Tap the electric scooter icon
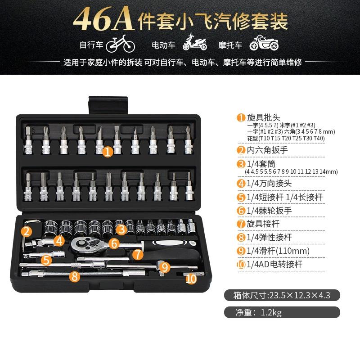(x=194, y=44)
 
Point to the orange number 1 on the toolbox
(x=107, y=152)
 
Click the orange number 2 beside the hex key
(x=27, y=232)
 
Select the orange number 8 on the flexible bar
(x=75, y=276)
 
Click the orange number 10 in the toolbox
(x=191, y=279)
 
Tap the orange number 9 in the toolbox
(x=165, y=267)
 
